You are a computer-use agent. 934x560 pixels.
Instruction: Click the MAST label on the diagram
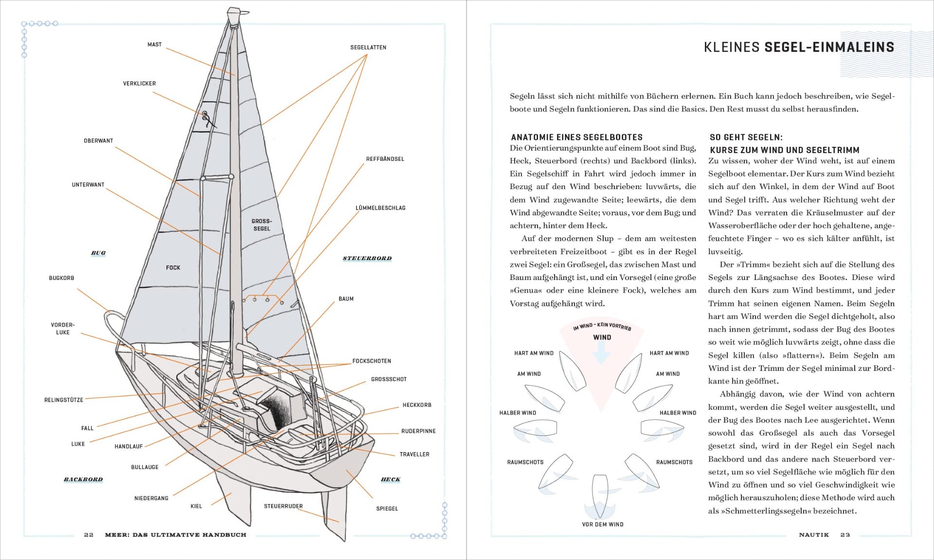[154, 45]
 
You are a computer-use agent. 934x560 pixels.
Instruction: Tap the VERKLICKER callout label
[139, 84]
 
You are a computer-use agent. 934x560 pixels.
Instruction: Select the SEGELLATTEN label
[368, 48]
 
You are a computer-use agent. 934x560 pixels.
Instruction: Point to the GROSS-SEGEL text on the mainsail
[262, 225]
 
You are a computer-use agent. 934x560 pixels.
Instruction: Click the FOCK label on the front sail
[173, 268]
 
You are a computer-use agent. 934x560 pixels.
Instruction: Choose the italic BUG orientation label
[98, 253]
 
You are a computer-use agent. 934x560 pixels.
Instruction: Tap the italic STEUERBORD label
[367, 258]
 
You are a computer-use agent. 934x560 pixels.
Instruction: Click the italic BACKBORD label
[83, 479]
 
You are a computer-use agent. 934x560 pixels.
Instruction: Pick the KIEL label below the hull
[196, 506]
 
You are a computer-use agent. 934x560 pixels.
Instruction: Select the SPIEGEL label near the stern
[387, 508]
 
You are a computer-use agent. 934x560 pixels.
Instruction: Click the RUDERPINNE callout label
[418, 431]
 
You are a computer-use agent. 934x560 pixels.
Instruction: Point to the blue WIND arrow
[602, 354]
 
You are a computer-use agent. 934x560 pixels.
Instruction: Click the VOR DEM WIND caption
[602, 525]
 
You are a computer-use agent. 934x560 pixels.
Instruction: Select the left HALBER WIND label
[518, 413]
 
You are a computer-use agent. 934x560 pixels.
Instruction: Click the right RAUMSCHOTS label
[674, 462]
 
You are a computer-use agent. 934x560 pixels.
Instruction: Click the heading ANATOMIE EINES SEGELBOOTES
[576, 138]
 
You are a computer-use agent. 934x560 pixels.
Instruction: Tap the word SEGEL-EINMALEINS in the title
[829, 47]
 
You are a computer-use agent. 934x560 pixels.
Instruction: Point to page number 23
[845, 535]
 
